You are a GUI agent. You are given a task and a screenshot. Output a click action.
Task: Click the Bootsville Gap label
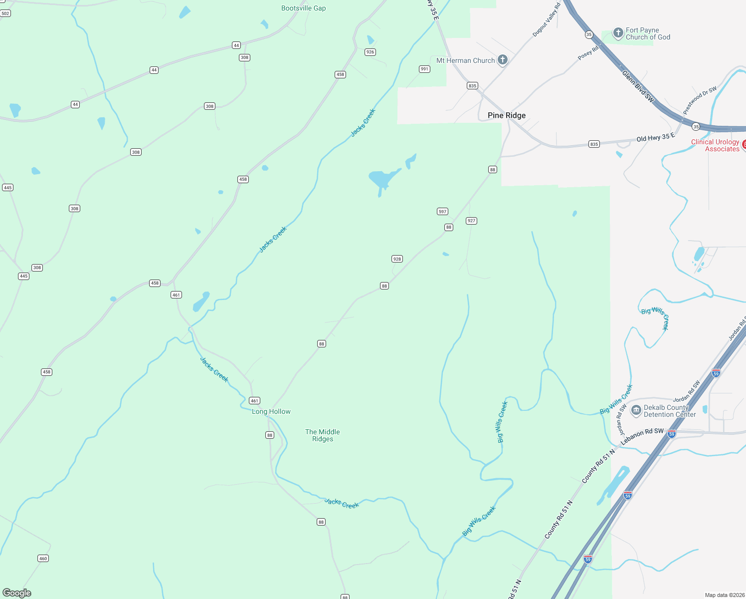pyautogui.click(x=303, y=8)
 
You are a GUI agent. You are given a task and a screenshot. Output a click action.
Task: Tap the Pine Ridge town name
pyautogui.click(x=507, y=115)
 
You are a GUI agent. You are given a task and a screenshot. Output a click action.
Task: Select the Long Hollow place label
pyautogui.click(x=271, y=411)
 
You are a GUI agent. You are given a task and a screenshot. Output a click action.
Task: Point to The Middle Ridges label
pyautogui.click(x=323, y=435)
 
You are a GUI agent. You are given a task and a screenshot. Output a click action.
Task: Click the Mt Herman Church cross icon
pyautogui.click(x=503, y=60)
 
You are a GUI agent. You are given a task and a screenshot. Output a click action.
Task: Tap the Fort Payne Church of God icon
pyautogui.click(x=618, y=33)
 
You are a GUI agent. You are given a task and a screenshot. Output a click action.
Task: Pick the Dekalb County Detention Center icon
pyautogui.click(x=636, y=411)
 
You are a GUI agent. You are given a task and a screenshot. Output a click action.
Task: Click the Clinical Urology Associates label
pyautogui.click(x=715, y=145)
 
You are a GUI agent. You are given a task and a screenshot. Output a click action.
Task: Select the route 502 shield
pyautogui.click(x=5, y=13)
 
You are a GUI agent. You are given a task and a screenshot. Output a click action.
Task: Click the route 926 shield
pyautogui.click(x=370, y=52)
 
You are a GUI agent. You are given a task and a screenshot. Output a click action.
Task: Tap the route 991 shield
pyautogui.click(x=424, y=69)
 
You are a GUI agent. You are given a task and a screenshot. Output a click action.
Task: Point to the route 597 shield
pyautogui.click(x=442, y=212)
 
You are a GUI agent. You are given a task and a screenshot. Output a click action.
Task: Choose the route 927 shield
pyautogui.click(x=471, y=221)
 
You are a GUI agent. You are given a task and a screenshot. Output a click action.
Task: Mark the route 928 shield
pyautogui.click(x=397, y=259)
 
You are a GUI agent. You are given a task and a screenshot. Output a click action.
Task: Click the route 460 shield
pyautogui.click(x=43, y=559)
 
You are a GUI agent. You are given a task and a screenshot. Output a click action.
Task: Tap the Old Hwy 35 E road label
pyautogui.click(x=655, y=137)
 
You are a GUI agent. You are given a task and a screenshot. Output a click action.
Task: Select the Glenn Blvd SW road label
pyautogui.click(x=638, y=86)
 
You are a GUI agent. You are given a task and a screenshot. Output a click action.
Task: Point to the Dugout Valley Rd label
pyautogui.click(x=547, y=20)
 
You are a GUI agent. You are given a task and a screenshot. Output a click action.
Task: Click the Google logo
pyautogui.click(x=17, y=593)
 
